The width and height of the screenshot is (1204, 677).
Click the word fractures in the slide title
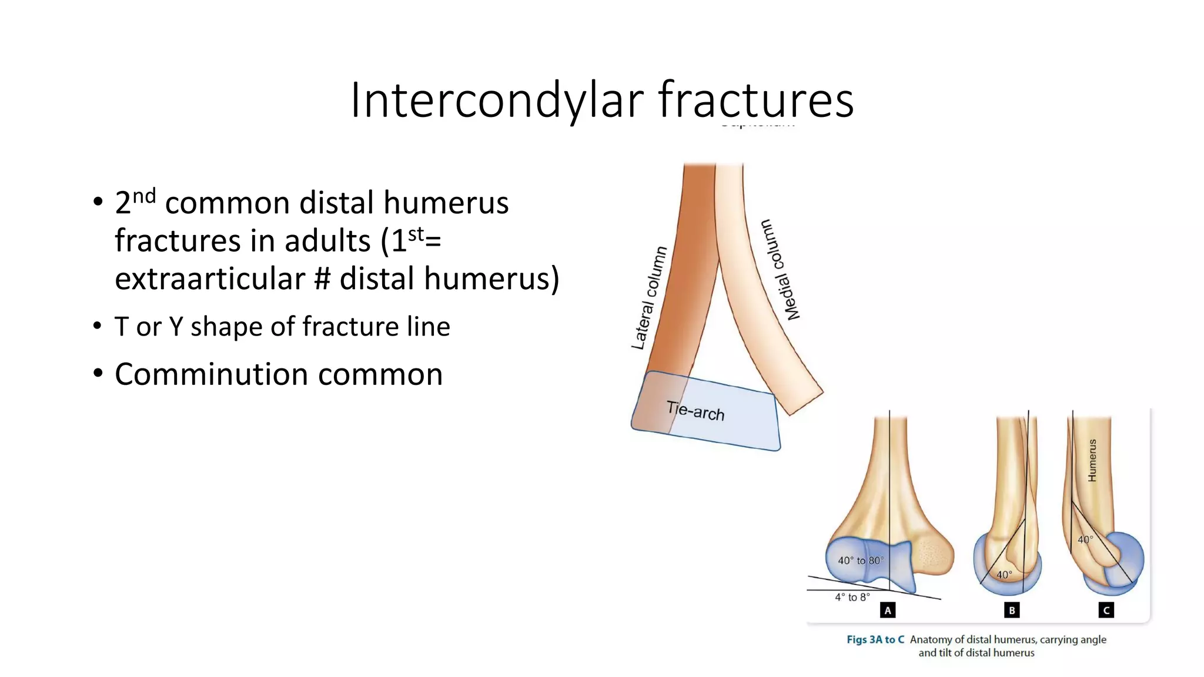755,100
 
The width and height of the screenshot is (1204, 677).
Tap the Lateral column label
649,298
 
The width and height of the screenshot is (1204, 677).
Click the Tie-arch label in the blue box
695,410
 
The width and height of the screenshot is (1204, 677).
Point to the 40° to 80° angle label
860,561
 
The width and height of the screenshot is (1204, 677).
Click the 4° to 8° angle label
852,597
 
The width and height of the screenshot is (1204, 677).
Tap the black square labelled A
888,611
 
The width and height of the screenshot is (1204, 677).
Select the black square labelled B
1012,611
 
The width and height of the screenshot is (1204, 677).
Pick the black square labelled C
1106,611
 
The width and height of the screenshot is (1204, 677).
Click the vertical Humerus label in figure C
1092,460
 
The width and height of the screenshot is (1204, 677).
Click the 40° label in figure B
1004,575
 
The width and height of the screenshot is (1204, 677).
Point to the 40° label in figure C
1085,539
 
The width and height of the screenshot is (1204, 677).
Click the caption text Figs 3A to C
875,639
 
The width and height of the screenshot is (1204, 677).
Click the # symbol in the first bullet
322,279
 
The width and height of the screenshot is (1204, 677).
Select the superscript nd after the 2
144,196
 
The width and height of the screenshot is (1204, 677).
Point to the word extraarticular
209,279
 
